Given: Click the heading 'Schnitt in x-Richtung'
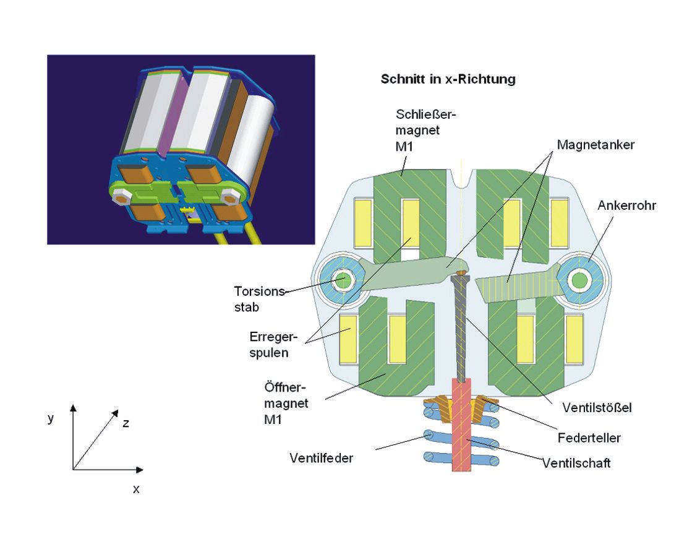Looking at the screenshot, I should coord(448,80).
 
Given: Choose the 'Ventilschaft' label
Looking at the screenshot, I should coord(576,463).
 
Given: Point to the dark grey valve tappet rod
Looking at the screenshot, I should coord(461,328).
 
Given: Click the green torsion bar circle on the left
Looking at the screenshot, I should coord(341,282).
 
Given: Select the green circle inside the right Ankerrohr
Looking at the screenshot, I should coord(579,281).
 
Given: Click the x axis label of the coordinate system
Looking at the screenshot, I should coord(136,489).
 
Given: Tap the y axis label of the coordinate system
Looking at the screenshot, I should coord(51,418).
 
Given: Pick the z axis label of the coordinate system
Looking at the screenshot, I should coord(126,423).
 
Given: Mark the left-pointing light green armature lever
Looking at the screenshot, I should coord(408,276).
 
